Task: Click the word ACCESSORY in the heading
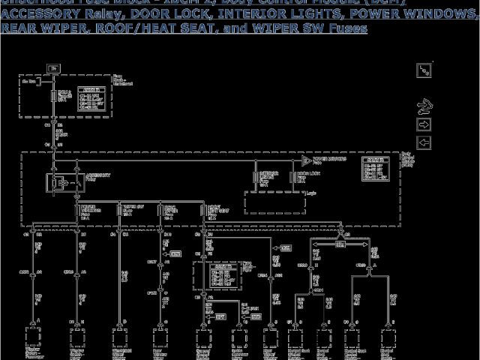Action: coord(34,15)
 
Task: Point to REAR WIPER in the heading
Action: coord(34,28)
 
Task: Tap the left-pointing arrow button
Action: coord(424,142)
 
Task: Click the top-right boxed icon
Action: coord(424,71)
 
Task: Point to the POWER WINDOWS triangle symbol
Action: coord(306,161)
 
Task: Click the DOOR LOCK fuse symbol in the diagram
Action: coord(292,178)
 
